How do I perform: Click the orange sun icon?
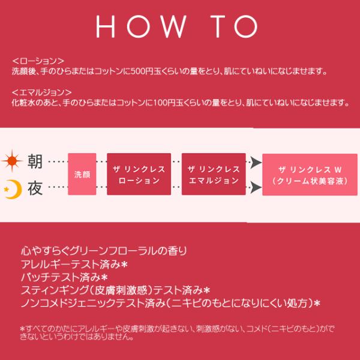(x=12, y=161)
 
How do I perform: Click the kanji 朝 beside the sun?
(x=35, y=161)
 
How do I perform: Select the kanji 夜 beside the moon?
(x=35, y=188)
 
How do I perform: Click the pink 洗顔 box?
(x=82, y=174)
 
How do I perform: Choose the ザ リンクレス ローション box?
(x=139, y=174)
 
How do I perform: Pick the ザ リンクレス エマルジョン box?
(x=214, y=174)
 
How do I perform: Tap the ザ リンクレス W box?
(x=310, y=175)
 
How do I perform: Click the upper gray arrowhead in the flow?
(x=256, y=163)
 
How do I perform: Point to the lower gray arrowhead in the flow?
(x=256, y=187)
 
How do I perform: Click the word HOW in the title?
(x=141, y=26)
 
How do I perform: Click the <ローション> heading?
(x=38, y=61)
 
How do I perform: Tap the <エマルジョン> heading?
(x=42, y=92)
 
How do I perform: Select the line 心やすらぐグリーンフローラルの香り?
(x=104, y=251)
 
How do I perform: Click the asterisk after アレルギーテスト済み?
(x=124, y=265)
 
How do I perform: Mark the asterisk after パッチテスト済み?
(x=104, y=278)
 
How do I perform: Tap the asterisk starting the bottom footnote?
(x=22, y=329)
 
